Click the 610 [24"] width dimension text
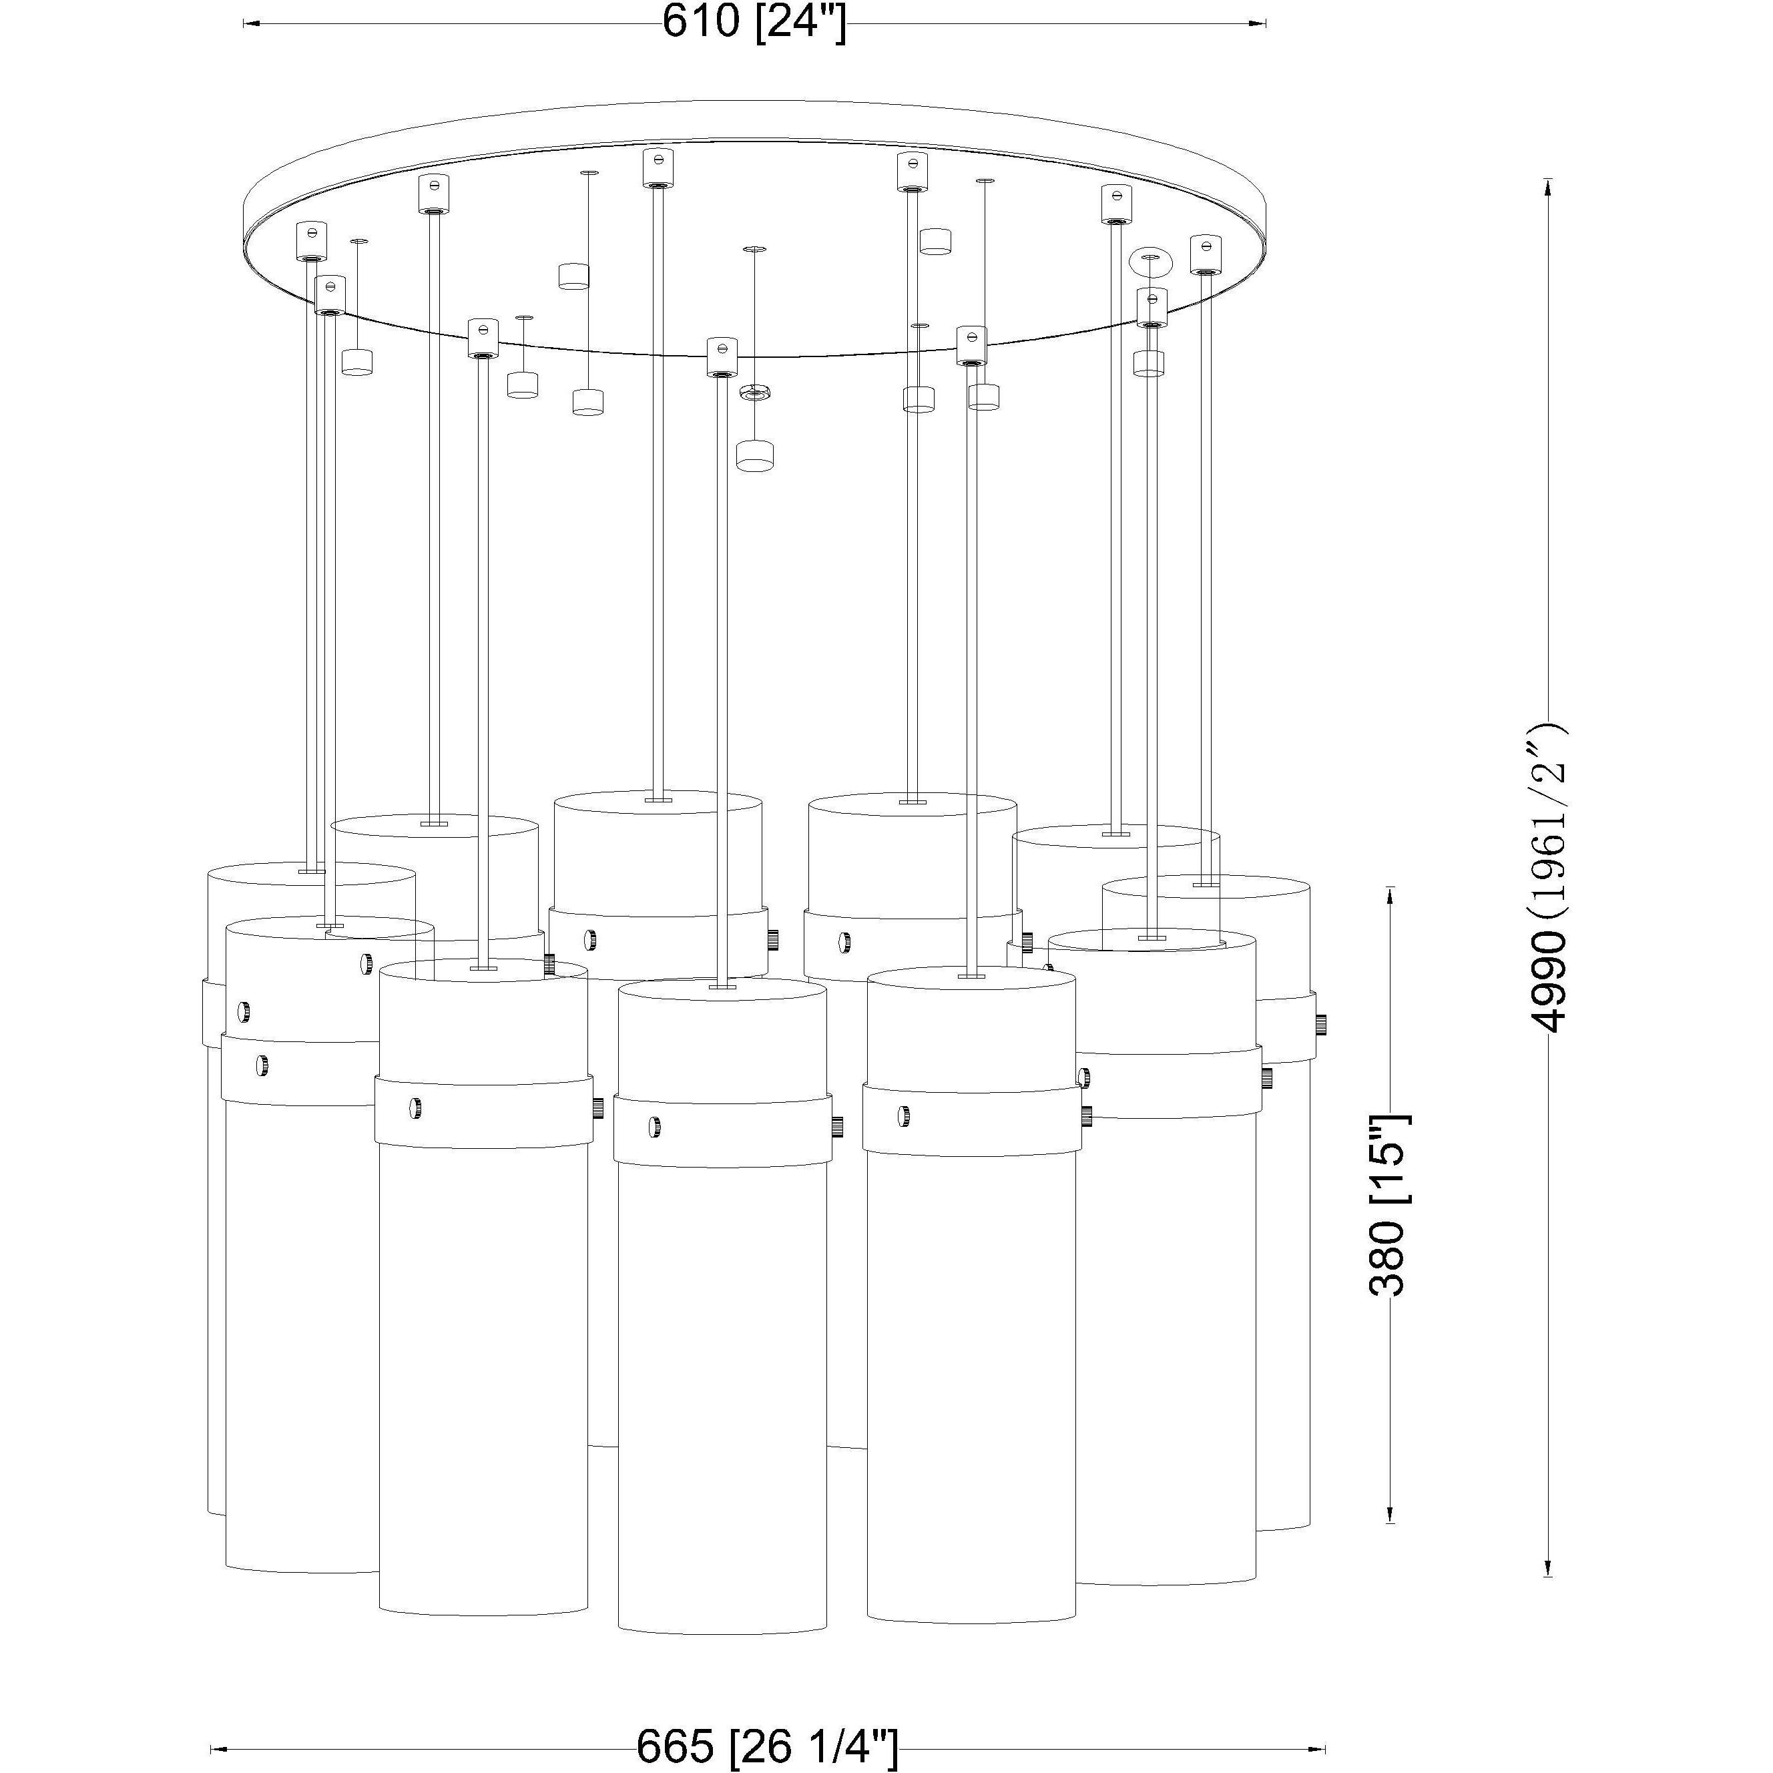click(x=754, y=22)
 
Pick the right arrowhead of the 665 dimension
click(x=1316, y=1748)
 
